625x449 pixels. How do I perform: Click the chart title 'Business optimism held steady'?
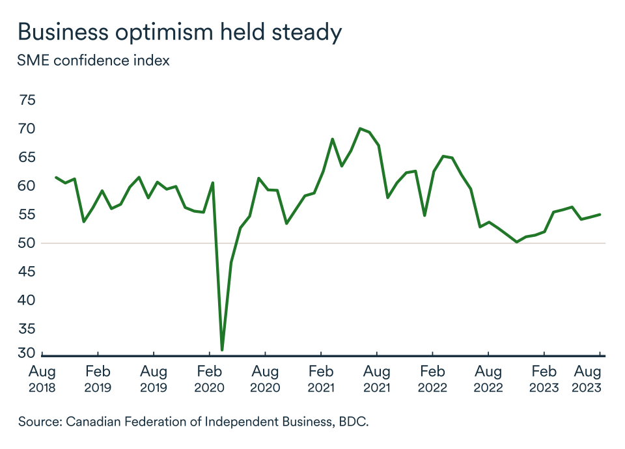[180, 32]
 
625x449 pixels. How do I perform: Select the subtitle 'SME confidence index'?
[94, 61]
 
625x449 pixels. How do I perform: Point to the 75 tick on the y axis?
[28, 100]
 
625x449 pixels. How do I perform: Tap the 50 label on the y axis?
[28, 243]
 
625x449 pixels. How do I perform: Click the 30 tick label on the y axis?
[28, 353]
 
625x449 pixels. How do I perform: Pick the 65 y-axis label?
[28, 157]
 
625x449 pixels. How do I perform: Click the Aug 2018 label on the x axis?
[42, 379]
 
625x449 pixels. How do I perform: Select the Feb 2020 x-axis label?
[209, 379]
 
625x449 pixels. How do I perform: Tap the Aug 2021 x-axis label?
[376, 379]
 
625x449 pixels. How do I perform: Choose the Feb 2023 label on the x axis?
[544, 379]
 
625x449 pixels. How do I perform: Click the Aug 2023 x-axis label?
[587, 379]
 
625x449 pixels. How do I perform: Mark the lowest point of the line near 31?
[222, 350]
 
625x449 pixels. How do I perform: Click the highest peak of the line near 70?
[360, 128]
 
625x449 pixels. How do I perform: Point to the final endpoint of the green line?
[600, 214]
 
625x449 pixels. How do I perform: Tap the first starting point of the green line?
[56, 177]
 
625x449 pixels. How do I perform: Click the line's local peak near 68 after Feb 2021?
[332, 139]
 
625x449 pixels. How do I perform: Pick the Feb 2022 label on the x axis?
[432, 379]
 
